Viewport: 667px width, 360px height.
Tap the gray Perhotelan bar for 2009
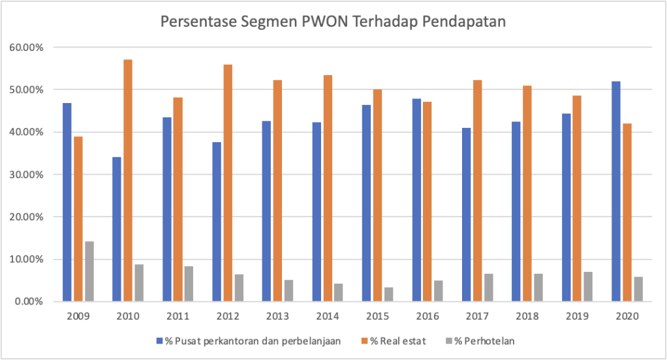coord(89,271)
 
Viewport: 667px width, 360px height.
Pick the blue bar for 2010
coord(117,229)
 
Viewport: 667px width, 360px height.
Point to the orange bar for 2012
coord(228,183)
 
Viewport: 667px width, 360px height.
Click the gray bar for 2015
coord(389,294)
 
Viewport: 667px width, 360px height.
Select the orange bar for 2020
coord(627,212)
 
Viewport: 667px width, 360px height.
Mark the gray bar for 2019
coord(589,286)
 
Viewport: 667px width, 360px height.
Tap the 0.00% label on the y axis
coord(28,302)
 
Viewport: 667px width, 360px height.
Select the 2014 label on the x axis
coord(328,317)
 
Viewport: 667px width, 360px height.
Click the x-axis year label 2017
coord(477,317)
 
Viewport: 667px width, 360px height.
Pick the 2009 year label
coord(78,317)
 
